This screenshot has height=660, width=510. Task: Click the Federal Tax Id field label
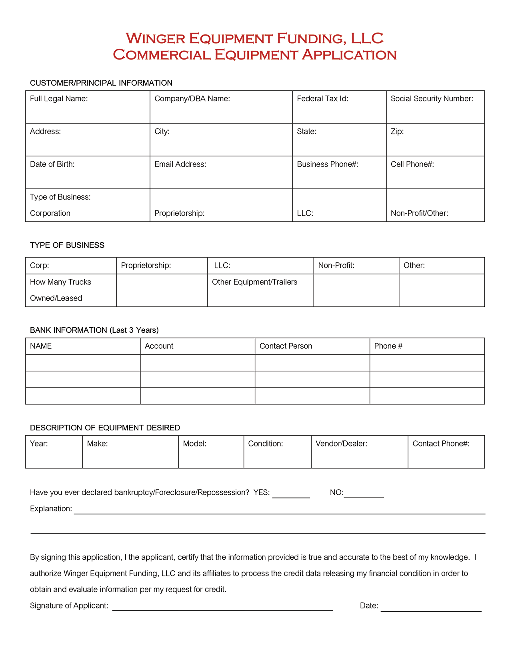tap(322, 99)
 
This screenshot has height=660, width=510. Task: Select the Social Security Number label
tap(432, 99)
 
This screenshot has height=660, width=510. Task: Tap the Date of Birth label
tap(52, 164)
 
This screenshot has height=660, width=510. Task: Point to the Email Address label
tap(180, 164)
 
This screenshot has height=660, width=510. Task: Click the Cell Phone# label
tap(412, 164)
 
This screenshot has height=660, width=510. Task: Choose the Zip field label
tap(397, 132)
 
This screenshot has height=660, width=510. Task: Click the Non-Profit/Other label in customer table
tap(419, 213)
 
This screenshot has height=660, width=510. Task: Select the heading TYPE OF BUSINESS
tap(67, 245)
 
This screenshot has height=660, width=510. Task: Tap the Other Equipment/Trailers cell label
tap(254, 282)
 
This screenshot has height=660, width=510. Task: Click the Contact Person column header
tap(286, 346)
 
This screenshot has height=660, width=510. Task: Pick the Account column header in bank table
tap(159, 346)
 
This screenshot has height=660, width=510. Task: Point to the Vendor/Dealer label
tap(341, 444)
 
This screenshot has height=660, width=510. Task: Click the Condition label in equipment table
tap(265, 444)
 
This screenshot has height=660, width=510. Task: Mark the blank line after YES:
tap(291, 496)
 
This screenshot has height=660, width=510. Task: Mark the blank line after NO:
tap(364, 496)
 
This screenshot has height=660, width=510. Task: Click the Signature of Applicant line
tap(222, 609)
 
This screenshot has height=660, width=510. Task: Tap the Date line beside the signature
tap(431, 610)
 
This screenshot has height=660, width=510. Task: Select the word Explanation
tap(51, 509)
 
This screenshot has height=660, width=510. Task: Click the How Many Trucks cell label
tap(60, 282)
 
